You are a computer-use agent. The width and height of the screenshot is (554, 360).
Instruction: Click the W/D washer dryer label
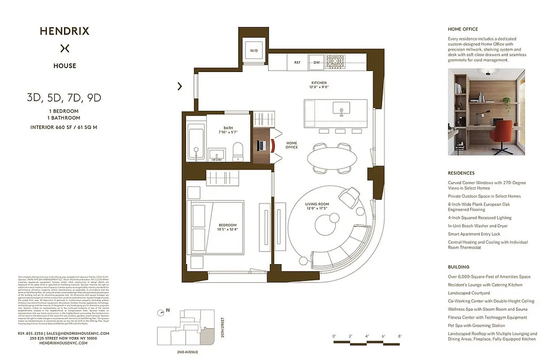click(x=254, y=51)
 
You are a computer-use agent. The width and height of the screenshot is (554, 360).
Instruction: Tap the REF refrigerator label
click(x=297, y=63)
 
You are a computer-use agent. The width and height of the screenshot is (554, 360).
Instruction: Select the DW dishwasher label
click(x=317, y=63)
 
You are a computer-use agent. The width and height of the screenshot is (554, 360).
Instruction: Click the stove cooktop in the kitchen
click(x=336, y=62)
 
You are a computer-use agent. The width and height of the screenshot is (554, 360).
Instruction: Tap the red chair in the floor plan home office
click(x=273, y=145)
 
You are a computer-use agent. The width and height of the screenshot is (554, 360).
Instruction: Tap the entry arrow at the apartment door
click(x=180, y=86)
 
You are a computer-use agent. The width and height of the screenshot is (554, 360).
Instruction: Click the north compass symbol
click(x=161, y=313)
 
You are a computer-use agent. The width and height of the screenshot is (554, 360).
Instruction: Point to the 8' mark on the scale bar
click(x=400, y=336)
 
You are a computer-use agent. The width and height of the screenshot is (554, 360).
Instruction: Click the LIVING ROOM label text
click(x=317, y=204)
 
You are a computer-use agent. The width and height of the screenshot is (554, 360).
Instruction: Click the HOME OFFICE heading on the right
click(x=463, y=29)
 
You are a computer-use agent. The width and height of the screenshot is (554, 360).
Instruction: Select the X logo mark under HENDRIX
click(x=65, y=48)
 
